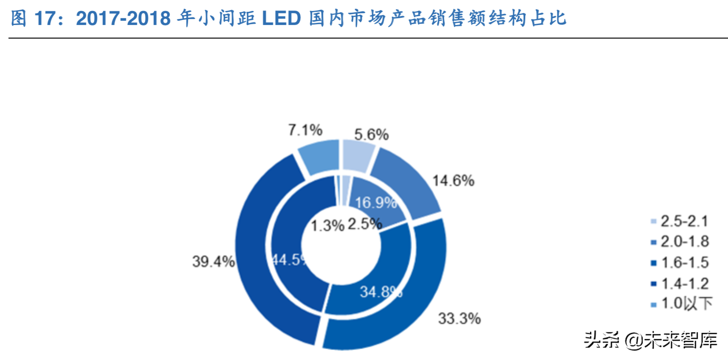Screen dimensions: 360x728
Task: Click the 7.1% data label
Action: pyautogui.click(x=305, y=130)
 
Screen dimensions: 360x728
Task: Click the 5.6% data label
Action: pyautogui.click(x=371, y=135)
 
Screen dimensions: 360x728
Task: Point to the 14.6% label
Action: pyautogui.click(x=453, y=180)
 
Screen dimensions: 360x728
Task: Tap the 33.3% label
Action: pyautogui.click(x=459, y=318)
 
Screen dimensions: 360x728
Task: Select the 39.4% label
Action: pyautogui.click(x=213, y=261)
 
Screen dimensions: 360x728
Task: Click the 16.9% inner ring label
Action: pyautogui.click(x=375, y=202)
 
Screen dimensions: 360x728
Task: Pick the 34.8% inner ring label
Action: pyautogui.click(x=381, y=292)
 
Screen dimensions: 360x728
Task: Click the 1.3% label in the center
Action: pyautogui.click(x=327, y=225)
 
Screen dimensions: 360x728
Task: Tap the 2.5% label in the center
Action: pyautogui.click(x=364, y=224)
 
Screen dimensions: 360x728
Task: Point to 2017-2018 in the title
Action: pyautogui.click(x=123, y=18)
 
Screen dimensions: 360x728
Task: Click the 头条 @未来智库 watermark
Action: pyautogui.click(x=650, y=340)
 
